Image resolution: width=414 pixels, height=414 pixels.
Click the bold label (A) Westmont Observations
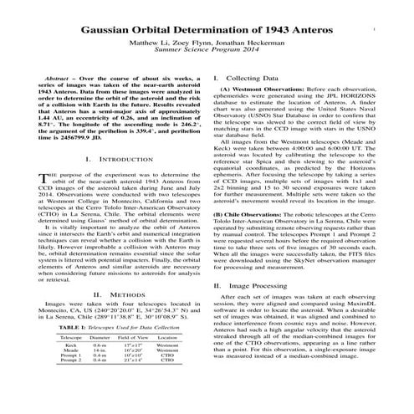[254, 88]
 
